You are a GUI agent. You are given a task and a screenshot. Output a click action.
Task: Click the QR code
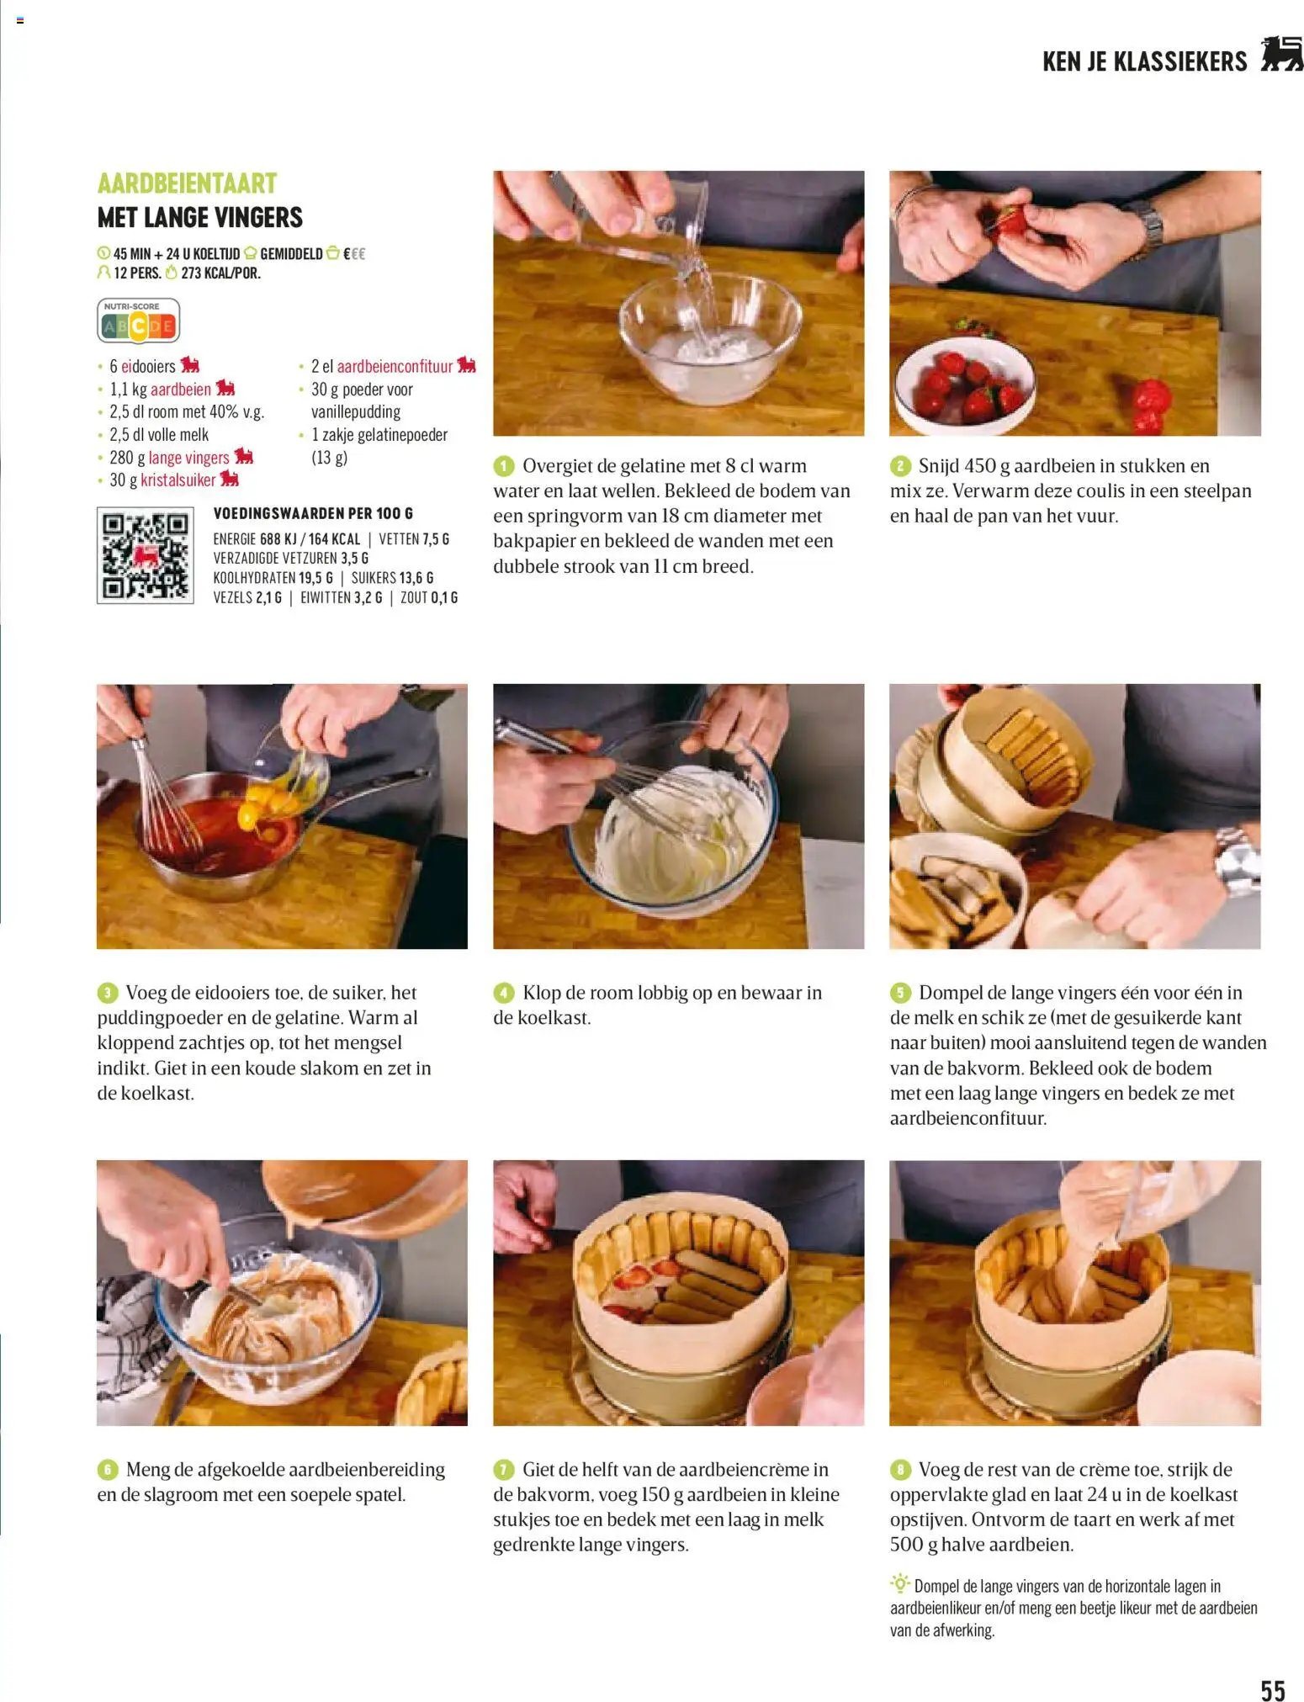[x=145, y=555]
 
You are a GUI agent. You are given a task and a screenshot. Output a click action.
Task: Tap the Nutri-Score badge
[x=139, y=321]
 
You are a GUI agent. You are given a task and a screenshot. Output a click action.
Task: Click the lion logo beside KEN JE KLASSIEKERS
[x=1280, y=55]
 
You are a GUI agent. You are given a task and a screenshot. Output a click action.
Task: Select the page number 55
[x=1272, y=1667]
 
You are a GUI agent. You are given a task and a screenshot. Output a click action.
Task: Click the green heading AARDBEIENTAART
[x=187, y=183]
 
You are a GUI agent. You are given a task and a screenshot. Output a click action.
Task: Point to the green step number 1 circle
[x=503, y=466]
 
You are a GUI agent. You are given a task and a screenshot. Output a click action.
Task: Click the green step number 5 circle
[x=900, y=993]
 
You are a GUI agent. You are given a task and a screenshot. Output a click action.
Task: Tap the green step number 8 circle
[x=900, y=1470]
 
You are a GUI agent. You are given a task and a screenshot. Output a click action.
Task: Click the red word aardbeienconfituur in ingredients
[x=395, y=366]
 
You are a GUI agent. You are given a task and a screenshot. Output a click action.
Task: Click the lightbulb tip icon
[x=899, y=1584]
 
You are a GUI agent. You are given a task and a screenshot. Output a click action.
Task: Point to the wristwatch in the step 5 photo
[x=1236, y=861]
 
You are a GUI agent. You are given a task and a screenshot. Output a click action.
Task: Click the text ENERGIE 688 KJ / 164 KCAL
[x=286, y=539]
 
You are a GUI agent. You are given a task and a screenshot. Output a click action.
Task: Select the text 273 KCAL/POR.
[x=220, y=273]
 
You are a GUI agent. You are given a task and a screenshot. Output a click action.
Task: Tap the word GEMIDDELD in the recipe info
[x=291, y=253]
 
